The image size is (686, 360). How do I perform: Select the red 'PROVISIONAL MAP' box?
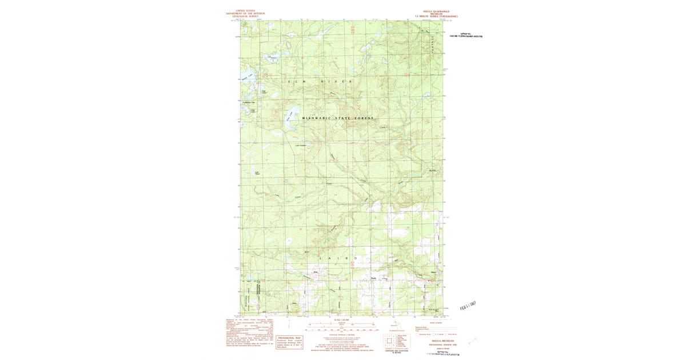point(289,341)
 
